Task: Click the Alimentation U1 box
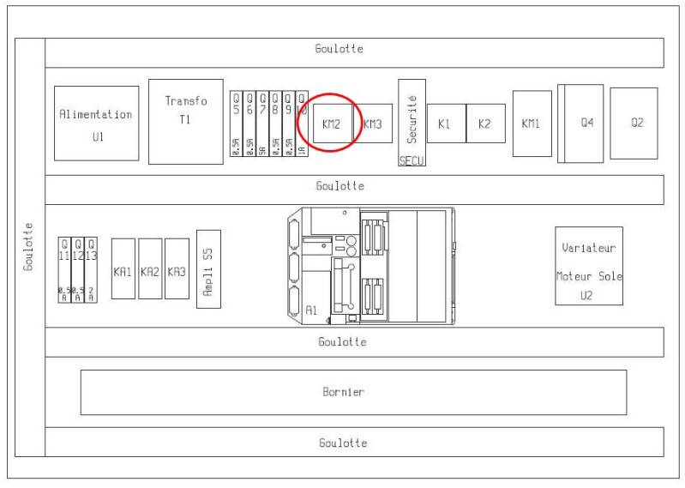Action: [x=96, y=123]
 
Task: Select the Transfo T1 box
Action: [x=185, y=121]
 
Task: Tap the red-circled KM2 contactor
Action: [x=332, y=124]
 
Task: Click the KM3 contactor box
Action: [x=372, y=124]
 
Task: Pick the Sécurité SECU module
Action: [x=412, y=122]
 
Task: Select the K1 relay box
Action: [x=445, y=124]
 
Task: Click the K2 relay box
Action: [x=485, y=124]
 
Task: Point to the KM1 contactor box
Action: [x=532, y=124]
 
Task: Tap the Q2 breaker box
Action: [x=634, y=123]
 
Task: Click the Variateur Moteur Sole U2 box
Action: [x=588, y=265]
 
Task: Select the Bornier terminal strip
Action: [x=353, y=392]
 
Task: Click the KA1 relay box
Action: [x=123, y=268]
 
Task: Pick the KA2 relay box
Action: [x=150, y=268]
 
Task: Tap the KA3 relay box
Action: [x=177, y=268]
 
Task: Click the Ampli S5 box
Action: [x=208, y=268]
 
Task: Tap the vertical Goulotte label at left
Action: [x=28, y=247]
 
